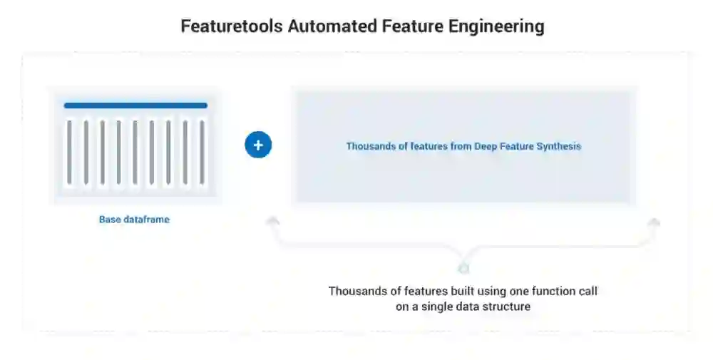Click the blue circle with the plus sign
[258, 145]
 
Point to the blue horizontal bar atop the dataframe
[135, 106]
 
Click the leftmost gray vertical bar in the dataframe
[69, 152]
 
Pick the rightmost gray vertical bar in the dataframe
[202, 152]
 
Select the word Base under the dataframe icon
[110, 220]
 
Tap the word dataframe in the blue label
[146, 220]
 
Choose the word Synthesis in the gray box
[559, 146]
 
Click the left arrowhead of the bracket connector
[272, 222]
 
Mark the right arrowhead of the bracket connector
[654, 222]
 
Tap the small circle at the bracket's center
[463, 269]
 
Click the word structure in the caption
[506, 307]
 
